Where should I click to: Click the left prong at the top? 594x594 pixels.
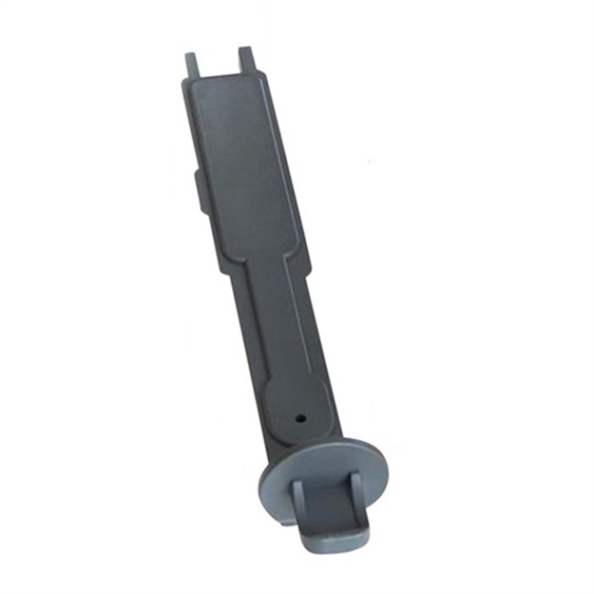click(192, 65)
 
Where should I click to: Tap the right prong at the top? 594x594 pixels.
click(247, 59)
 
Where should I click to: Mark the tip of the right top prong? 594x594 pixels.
click(245, 49)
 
